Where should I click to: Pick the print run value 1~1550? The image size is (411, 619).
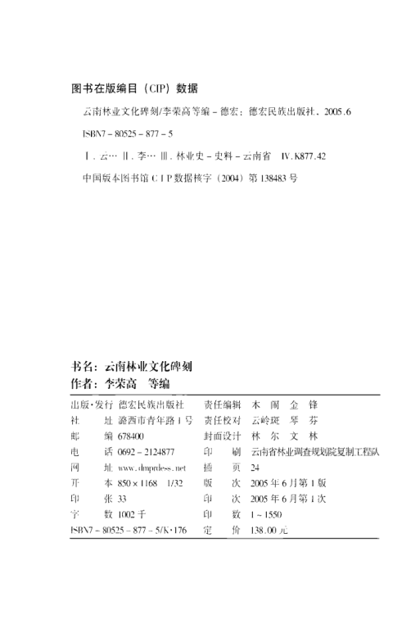[x=266, y=514]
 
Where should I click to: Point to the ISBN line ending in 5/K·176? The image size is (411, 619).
[x=124, y=531]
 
